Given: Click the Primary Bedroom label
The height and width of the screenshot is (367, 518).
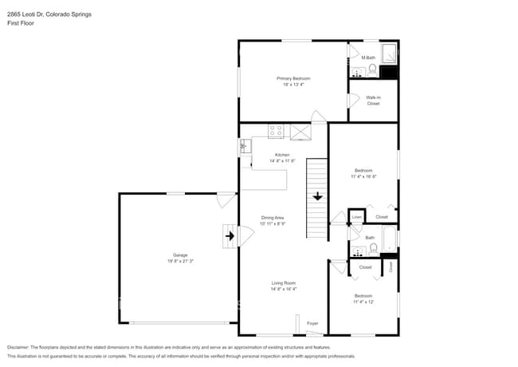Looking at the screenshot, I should [293, 78].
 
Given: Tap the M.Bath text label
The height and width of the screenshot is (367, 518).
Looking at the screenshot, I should [367, 57].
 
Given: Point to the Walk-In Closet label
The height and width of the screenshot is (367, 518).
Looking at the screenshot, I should [373, 101].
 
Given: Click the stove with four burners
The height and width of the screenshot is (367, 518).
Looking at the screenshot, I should [276, 132].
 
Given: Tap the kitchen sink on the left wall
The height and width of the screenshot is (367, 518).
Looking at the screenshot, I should [244, 147].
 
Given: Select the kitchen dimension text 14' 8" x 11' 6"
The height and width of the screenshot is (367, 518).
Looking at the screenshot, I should [282, 161].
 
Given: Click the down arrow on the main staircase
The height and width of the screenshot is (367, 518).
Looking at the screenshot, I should [317, 195].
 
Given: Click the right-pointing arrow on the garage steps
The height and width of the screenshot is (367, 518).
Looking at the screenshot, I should [230, 235].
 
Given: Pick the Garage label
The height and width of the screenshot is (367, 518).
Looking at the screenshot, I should [180, 255].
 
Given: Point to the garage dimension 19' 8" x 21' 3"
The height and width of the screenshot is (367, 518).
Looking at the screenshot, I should [180, 261].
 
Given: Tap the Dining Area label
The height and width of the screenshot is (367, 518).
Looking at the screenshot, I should [273, 218].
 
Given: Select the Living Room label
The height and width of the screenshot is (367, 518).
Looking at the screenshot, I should [284, 282].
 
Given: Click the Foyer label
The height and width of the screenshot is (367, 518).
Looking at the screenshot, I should [312, 323].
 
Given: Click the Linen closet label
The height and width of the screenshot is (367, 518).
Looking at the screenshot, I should [357, 217].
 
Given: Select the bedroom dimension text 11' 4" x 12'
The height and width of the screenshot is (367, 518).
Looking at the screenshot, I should [363, 302].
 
